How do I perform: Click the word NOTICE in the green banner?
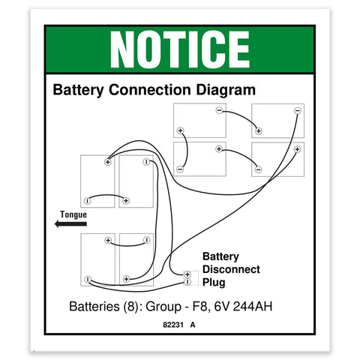click(x=180, y=49)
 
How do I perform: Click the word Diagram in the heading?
click(x=226, y=90)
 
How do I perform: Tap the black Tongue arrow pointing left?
click(x=70, y=223)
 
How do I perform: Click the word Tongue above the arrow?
click(x=73, y=214)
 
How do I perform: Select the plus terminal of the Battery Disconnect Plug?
click(x=187, y=274)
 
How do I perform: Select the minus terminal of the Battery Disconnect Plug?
click(x=187, y=282)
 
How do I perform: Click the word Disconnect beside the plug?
click(x=231, y=269)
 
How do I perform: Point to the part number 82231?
click(x=173, y=325)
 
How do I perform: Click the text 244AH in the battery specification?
click(x=253, y=306)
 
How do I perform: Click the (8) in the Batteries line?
click(x=130, y=307)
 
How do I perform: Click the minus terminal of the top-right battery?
click(x=297, y=110)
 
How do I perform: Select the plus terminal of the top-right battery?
click(x=259, y=130)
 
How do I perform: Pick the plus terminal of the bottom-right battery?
click(x=297, y=149)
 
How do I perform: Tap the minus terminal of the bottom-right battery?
click(x=258, y=169)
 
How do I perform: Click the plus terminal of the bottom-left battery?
click(x=108, y=240)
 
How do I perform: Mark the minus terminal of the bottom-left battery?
click(x=88, y=279)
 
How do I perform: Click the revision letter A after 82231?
click(x=193, y=325)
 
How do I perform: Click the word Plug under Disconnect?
click(x=214, y=283)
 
